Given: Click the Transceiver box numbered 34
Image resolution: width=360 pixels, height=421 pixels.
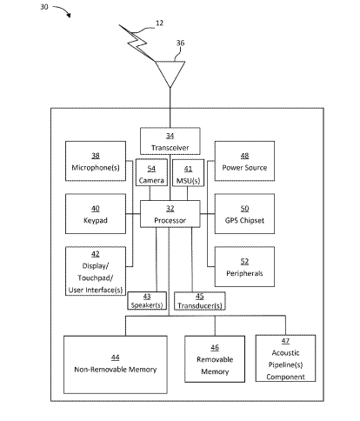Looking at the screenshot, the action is pyautogui.click(x=170, y=141).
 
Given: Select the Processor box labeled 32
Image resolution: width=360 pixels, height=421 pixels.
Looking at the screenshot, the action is pyautogui.click(x=170, y=214).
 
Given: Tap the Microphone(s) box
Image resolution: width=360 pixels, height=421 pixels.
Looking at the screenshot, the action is pyautogui.click(x=96, y=161).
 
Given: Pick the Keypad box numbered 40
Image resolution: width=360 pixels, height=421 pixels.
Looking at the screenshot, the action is pyautogui.click(x=96, y=214).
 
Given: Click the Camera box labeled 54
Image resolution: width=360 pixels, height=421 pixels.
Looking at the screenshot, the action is pyautogui.click(x=151, y=172).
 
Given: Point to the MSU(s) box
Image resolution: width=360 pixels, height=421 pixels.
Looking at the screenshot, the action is pyautogui.click(x=188, y=173).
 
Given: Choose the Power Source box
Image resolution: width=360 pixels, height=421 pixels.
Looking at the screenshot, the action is pyautogui.click(x=244, y=161).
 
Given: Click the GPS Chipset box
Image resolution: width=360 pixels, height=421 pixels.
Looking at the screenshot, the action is pyautogui.click(x=244, y=214).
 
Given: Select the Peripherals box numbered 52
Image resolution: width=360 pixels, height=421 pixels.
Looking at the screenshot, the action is pyautogui.click(x=244, y=267).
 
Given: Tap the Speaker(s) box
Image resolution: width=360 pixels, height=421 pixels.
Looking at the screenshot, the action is pyautogui.click(x=147, y=301).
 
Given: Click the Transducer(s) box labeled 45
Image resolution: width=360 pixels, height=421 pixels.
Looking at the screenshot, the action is pyautogui.click(x=200, y=301).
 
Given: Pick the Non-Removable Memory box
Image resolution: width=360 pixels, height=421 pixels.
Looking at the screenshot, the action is pyautogui.click(x=116, y=364).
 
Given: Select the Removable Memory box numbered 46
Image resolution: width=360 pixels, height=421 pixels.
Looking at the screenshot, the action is pyautogui.click(x=215, y=359).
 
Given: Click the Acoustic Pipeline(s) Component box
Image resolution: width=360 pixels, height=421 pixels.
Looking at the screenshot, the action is pyautogui.click(x=285, y=358).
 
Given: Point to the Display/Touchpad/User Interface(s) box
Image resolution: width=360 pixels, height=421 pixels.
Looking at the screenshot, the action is pyautogui.click(x=96, y=271).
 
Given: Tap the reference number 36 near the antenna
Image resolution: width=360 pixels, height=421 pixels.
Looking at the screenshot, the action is pyautogui.click(x=180, y=43).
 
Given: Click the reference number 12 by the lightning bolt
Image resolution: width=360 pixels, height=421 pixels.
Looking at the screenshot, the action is pyautogui.click(x=159, y=23).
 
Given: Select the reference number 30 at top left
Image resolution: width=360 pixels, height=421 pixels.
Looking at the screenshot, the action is pyautogui.click(x=44, y=6).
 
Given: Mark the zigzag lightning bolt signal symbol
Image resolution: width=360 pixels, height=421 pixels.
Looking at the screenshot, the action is pyautogui.click(x=137, y=43).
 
